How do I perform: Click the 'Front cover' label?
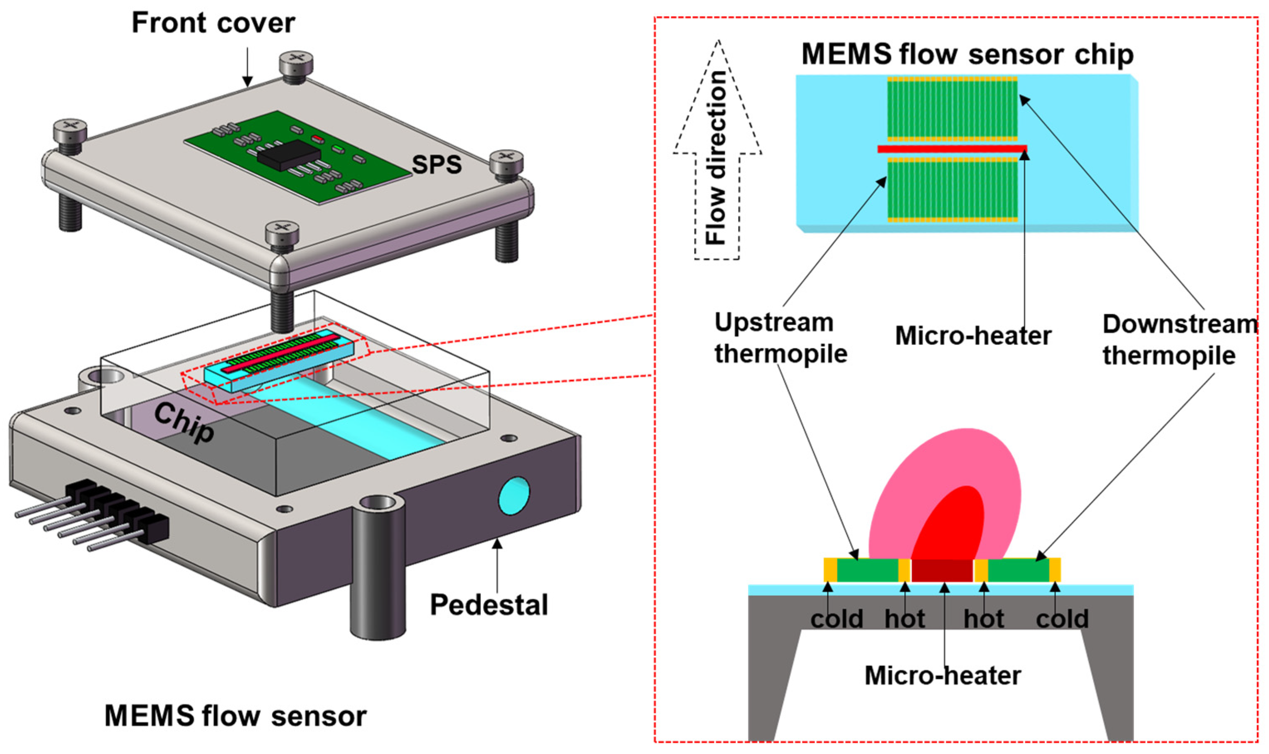click(213, 23)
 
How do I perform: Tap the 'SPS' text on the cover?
click(437, 164)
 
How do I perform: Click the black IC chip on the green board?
click(288, 154)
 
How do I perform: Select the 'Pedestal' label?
click(488, 605)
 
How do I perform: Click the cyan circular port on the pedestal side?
click(514, 495)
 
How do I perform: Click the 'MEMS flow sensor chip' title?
click(967, 54)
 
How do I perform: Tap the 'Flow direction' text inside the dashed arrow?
click(717, 157)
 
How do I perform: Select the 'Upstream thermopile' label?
click(780, 338)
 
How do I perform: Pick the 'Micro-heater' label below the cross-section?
click(943, 676)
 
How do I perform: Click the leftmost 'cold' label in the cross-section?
click(836, 619)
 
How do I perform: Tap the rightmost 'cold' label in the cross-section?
click(1062, 619)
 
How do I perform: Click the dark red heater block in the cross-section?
click(942, 571)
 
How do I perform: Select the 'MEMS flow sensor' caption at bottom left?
click(235, 716)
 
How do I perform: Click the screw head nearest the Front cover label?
click(296, 63)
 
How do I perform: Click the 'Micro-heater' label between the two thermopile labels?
click(973, 336)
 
